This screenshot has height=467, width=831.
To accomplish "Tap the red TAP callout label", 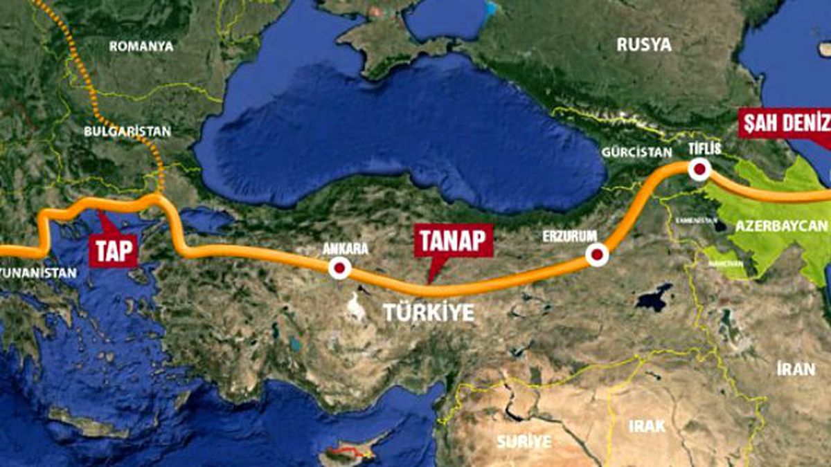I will (x=114, y=251).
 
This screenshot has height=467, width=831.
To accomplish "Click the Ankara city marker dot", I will (x=339, y=268).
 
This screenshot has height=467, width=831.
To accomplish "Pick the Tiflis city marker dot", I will (x=699, y=170).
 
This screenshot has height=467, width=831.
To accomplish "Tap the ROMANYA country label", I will (x=141, y=46).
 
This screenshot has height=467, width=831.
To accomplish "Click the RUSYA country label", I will (x=644, y=45).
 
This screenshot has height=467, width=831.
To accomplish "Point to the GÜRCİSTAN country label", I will (x=636, y=152).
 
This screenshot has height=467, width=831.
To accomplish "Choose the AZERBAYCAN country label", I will (x=781, y=226).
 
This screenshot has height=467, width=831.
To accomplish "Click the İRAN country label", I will (x=795, y=369).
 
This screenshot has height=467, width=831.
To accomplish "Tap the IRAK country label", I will (x=647, y=425).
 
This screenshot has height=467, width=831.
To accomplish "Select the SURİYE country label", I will (x=524, y=441).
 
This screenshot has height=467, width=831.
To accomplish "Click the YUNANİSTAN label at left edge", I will (x=38, y=273).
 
